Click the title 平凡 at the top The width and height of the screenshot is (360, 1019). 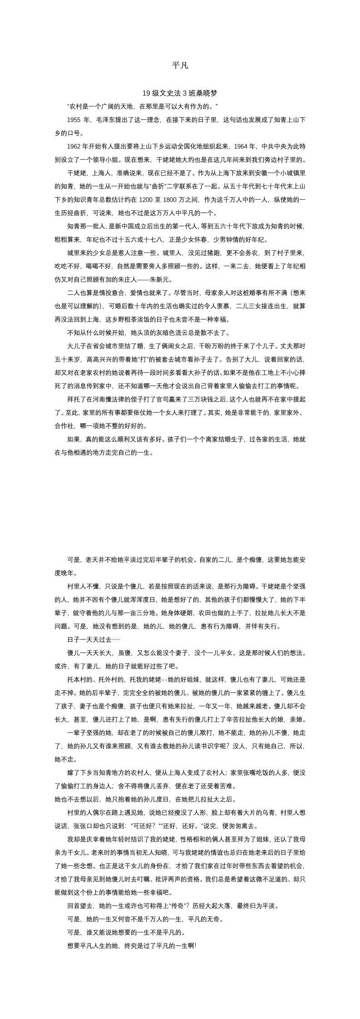click(180, 66)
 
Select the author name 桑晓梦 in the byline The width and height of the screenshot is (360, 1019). click(207, 94)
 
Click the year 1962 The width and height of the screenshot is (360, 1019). click(74, 147)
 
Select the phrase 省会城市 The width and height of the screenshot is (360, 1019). click(105, 346)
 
